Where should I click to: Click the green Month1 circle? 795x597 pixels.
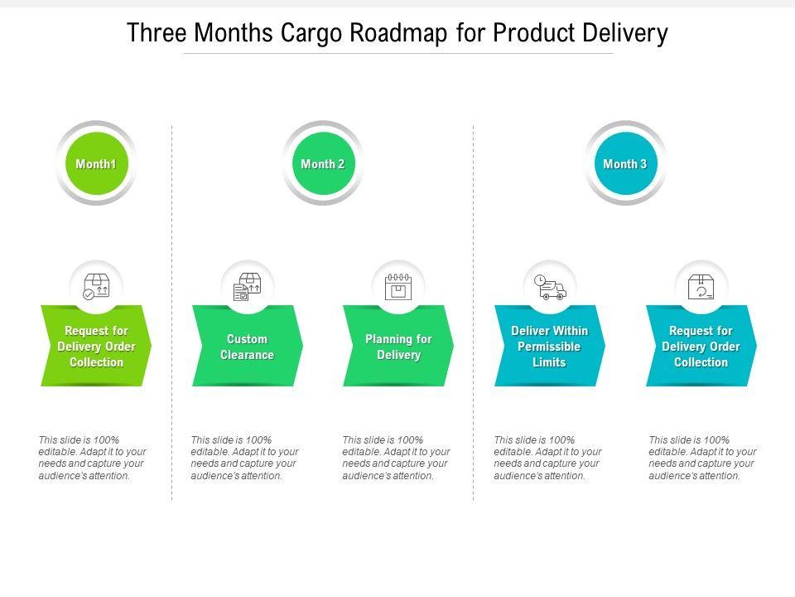pos(96,163)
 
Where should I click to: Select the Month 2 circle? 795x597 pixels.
pos(323,163)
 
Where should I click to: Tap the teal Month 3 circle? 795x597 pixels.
pos(625,163)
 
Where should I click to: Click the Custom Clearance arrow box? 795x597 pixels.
pos(247,347)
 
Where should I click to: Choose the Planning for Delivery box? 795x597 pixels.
pos(398,347)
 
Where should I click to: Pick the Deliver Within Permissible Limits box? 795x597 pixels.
pos(549,347)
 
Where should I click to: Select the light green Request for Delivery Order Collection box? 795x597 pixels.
pos(96,347)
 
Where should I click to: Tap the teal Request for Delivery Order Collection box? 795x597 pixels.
pos(701,347)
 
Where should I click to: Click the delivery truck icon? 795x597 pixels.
pos(550,287)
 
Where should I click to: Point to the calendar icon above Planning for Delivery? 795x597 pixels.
pos(398,287)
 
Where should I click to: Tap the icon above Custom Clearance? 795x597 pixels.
pos(247,287)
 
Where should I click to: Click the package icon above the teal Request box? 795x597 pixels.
pos(701,287)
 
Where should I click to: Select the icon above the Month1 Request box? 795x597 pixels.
pos(96,287)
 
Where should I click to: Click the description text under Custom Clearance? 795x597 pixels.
pos(244,458)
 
